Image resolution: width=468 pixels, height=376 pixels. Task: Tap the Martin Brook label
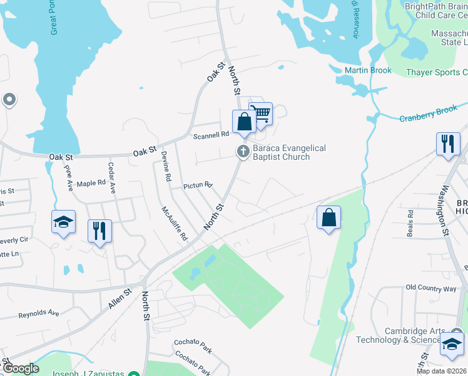tap(369, 70)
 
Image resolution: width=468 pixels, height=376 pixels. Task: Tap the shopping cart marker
tap(262, 114)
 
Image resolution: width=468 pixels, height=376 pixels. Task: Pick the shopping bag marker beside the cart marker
tap(244, 122)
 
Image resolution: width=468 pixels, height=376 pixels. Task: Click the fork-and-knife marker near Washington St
tap(448, 144)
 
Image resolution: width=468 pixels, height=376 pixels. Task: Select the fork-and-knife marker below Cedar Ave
tap(99, 231)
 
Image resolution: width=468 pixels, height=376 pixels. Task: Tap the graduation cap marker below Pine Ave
tap(63, 222)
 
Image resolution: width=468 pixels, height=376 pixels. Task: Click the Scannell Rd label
tap(211, 135)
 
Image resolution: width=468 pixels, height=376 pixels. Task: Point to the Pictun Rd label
tap(198, 185)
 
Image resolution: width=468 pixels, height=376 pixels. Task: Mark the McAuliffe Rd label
tap(175, 224)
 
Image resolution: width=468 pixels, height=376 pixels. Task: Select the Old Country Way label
tap(431, 288)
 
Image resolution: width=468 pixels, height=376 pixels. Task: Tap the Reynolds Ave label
tap(38, 313)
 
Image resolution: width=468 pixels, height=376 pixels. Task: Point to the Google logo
tap(20, 368)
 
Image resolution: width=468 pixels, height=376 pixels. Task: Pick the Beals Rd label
tap(411, 222)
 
